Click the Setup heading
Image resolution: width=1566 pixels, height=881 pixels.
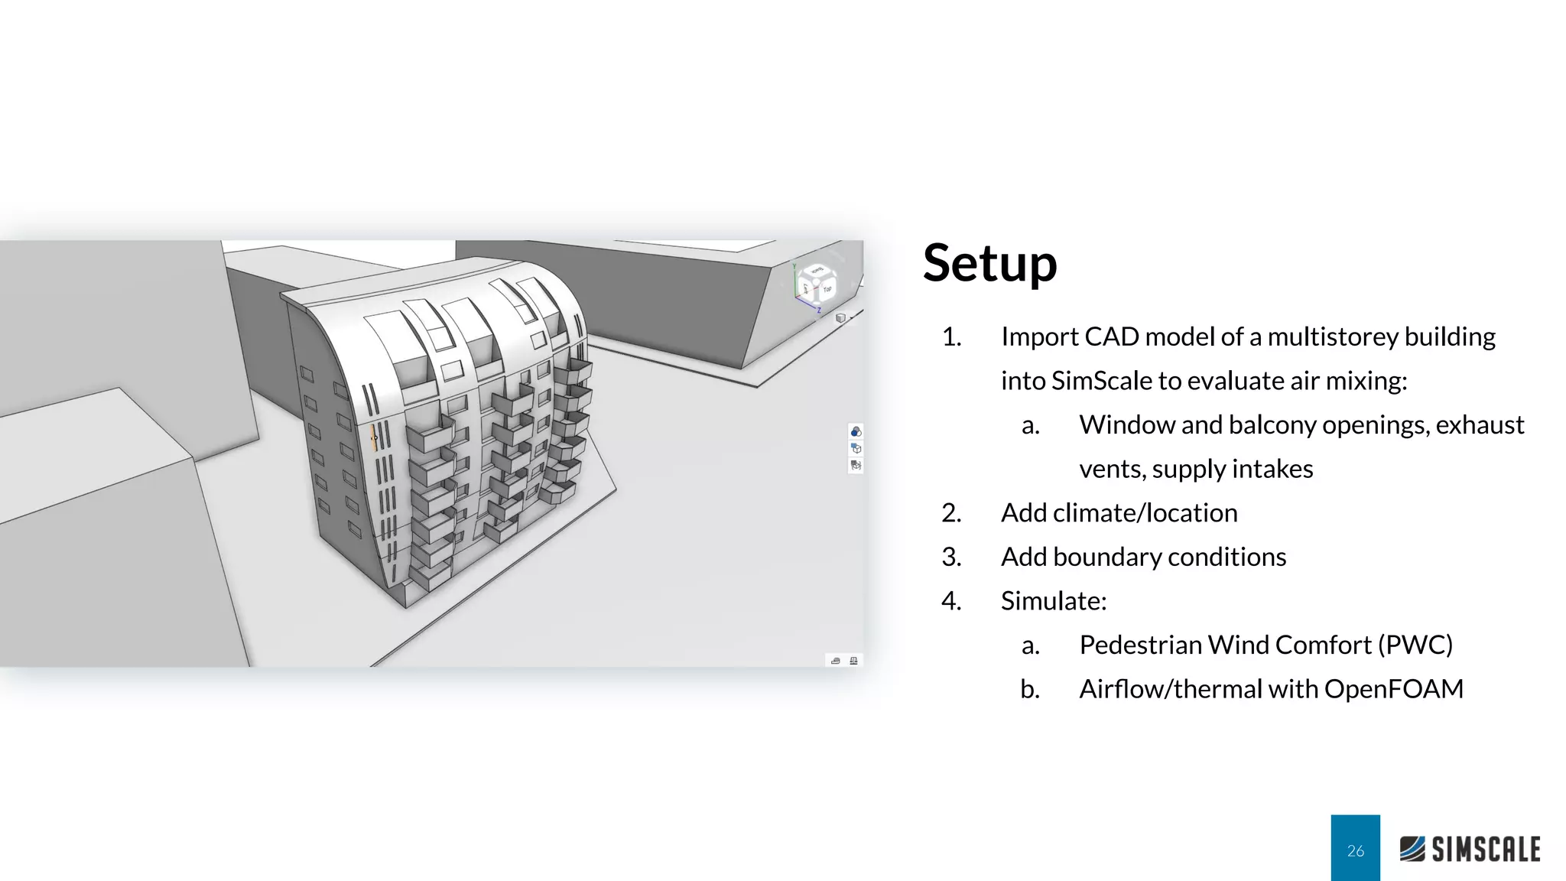tap(989, 263)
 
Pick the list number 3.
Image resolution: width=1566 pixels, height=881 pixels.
tap(950, 557)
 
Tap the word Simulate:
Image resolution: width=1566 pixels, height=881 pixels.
tap(1053, 601)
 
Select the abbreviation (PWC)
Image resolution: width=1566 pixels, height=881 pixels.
tap(1415, 645)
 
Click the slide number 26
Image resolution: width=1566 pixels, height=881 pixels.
tap(1355, 850)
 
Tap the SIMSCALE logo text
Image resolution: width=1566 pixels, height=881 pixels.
tap(1485, 850)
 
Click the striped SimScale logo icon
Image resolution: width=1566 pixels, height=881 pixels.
tap(1412, 849)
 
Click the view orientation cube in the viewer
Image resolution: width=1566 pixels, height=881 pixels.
tap(817, 284)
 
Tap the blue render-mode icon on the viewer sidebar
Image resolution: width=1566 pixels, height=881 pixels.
tap(856, 432)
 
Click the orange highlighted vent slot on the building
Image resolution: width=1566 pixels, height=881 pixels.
tap(373, 438)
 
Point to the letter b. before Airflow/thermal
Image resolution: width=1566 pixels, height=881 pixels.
tap(1029, 689)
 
